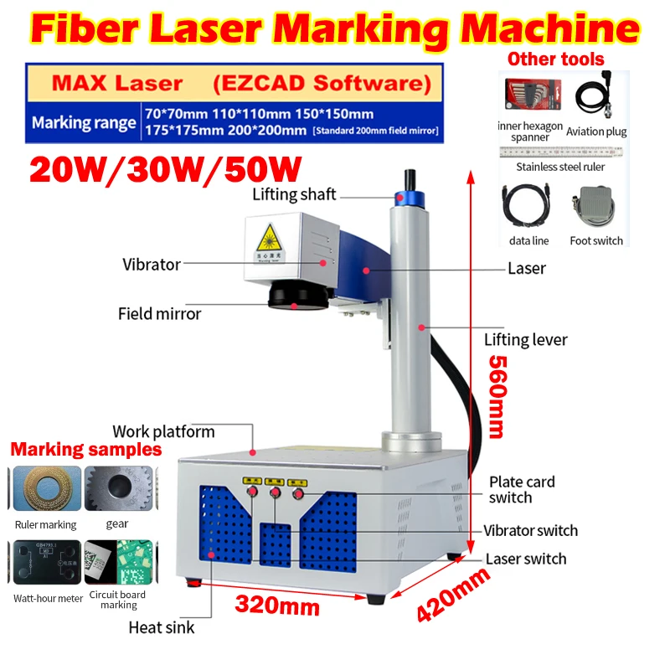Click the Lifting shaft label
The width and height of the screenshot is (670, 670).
click(294, 194)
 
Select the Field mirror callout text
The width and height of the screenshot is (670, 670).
click(159, 314)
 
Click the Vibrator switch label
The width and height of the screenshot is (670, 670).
click(530, 530)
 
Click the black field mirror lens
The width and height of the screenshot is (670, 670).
click(293, 296)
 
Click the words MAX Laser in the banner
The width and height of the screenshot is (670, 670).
click(116, 83)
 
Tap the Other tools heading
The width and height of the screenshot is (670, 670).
click(556, 59)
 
